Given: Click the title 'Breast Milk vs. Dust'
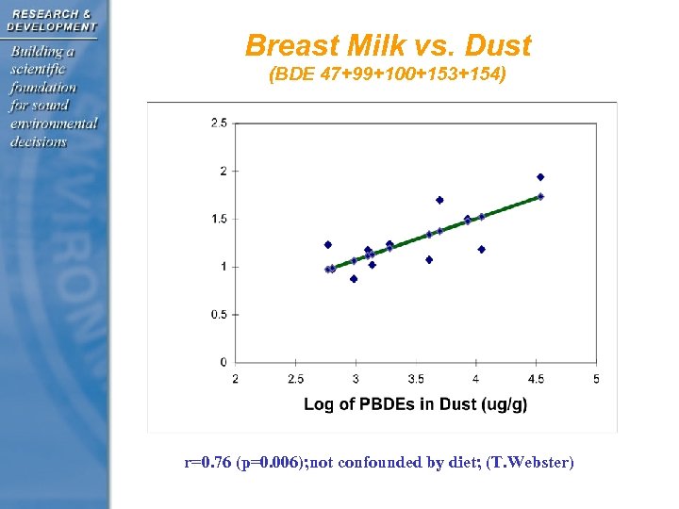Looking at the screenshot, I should (x=388, y=45).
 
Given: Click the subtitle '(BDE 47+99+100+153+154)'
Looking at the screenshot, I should (x=388, y=74).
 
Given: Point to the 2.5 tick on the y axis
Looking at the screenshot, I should (x=219, y=123).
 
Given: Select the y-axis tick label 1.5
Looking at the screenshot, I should (x=219, y=219).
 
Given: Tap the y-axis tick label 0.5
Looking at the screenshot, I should (x=219, y=314).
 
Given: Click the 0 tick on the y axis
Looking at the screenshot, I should (x=223, y=362).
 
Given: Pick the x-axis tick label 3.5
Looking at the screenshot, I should (x=416, y=379).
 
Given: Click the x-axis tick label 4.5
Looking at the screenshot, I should (x=536, y=379).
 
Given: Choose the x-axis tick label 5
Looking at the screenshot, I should (x=596, y=379).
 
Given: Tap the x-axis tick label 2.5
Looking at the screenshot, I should (x=295, y=379).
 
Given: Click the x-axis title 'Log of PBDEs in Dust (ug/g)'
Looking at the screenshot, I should (x=415, y=404).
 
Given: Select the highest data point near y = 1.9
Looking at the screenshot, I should (x=540, y=177).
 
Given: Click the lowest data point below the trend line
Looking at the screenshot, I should (x=354, y=279).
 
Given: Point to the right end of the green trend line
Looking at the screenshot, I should (x=540, y=196).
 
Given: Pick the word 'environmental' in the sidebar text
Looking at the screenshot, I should (x=54, y=123).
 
